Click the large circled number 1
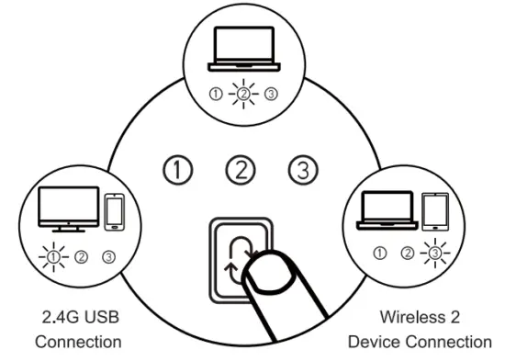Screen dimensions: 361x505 (x=178, y=169)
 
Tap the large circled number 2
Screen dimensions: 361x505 (x=241, y=169)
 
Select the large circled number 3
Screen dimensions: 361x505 (x=302, y=169)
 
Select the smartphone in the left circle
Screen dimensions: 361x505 (x=114, y=212)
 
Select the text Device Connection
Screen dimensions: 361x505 (x=419, y=342)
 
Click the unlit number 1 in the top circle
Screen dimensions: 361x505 (x=214, y=93)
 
